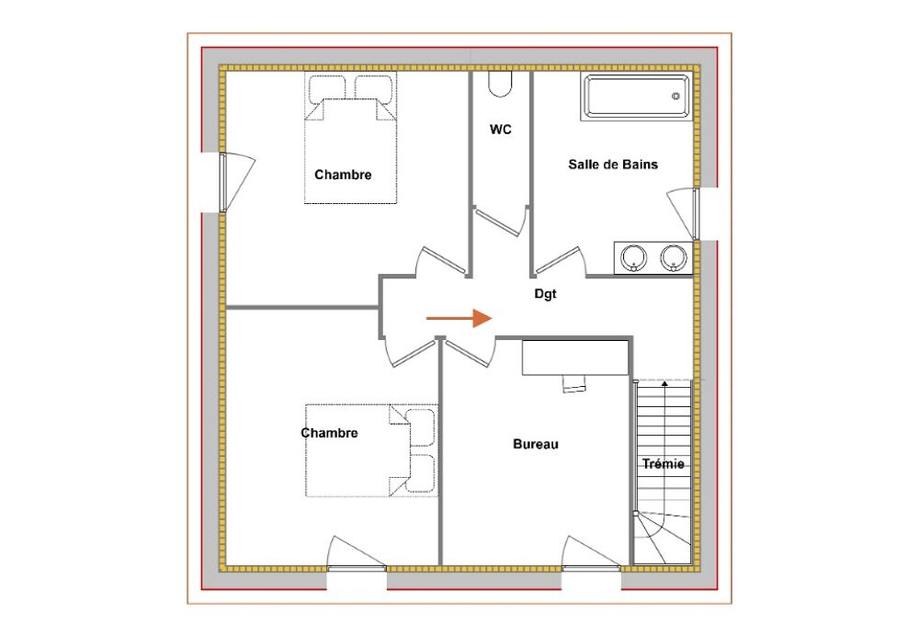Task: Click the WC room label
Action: pyautogui.click(x=501, y=130)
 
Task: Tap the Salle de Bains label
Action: pyautogui.click(x=613, y=165)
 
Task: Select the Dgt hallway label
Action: pyautogui.click(x=545, y=294)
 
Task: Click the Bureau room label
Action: pyautogui.click(x=536, y=444)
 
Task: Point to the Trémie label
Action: pyautogui.click(x=664, y=464)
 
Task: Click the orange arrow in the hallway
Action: pyautogui.click(x=459, y=318)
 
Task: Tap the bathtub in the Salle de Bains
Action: pyautogui.click(x=637, y=97)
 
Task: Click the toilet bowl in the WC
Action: pyautogui.click(x=500, y=85)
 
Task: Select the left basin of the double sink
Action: pyautogui.click(x=633, y=258)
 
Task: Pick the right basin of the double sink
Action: pyautogui.click(x=674, y=258)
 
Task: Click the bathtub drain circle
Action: pyautogui.click(x=675, y=97)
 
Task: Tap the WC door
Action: pyautogui.click(x=500, y=221)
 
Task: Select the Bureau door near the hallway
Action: pyautogui.click(x=470, y=354)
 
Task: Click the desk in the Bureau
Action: pyautogui.click(x=575, y=358)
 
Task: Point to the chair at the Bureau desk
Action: pyautogui.click(x=573, y=383)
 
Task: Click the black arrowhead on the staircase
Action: pyautogui.click(x=664, y=384)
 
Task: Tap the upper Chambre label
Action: pyautogui.click(x=343, y=175)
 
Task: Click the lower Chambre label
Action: pyautogui.click(x=329, y=433)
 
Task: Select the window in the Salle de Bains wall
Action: pyautogui.click(x=696, y=214)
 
